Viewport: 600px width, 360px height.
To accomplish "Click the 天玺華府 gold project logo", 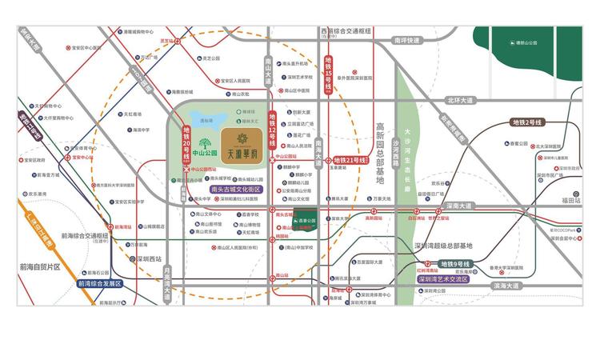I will pyautogui.click(x=241, y=146).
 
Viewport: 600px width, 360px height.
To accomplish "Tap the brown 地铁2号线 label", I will pyautogui.click(x=527, y=122).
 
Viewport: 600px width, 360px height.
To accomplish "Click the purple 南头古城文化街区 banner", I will pyautogui.click(x=236, y=190).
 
